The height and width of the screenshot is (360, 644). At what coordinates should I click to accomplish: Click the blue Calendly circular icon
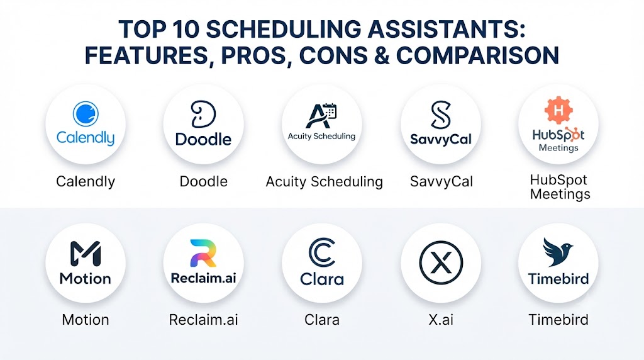[x=86, y=113]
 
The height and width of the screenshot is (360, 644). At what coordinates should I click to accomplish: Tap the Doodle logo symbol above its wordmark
[x=203, y=115]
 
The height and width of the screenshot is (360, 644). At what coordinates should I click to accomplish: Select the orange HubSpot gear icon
[x=558, y=110]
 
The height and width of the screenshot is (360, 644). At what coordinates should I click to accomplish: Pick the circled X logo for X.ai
[x=441, y=262]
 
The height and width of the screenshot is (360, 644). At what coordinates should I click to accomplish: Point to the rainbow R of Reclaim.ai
[x=203, y=253]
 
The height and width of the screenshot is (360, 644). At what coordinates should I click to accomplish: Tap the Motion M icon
[x=86, y=254]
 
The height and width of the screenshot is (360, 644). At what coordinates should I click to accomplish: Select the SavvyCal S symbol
[x=441, y=115]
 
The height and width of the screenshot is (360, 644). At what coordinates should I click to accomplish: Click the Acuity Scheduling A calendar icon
[x=321, y=116]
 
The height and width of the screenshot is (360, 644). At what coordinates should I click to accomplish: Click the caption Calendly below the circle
[x=86, y=182]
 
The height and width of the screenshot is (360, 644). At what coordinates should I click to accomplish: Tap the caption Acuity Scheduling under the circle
[x=324, y=182]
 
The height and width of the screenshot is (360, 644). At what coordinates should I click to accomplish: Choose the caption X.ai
[x=441, y=320]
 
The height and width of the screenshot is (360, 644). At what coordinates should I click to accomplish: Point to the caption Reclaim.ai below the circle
[x=203, y=320]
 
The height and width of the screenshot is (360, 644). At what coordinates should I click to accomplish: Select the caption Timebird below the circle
[x=558, y=320]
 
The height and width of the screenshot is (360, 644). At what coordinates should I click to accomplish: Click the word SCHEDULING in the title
[x=284, y=30]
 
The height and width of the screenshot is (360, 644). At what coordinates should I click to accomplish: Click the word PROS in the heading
[x=254, y=55]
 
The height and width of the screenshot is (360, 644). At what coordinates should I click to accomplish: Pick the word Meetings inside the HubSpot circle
[x=558, y=148]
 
